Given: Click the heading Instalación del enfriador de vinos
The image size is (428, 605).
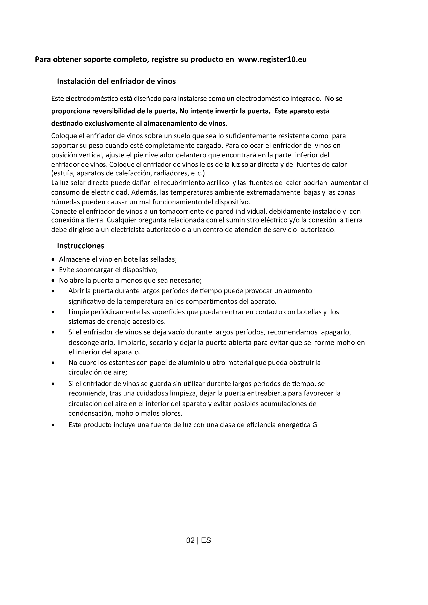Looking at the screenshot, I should click(116, 81).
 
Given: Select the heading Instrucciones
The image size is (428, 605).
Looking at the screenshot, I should click(81, 246).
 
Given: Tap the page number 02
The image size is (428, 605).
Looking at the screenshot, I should click(190, 540).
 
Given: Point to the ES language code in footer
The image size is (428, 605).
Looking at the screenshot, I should click(206, 540).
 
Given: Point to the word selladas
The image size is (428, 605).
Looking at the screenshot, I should click(163, 259).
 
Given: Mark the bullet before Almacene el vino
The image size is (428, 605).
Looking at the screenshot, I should click(53, 260).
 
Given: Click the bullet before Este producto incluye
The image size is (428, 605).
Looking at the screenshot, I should click(53, 425).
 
